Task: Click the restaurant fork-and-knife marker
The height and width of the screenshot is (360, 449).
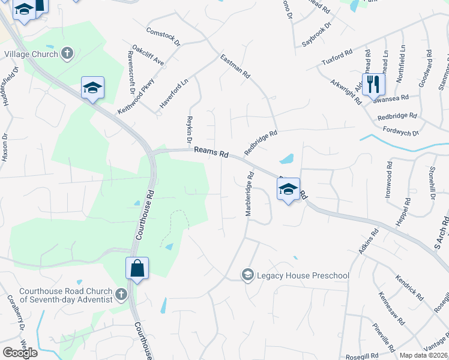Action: (373, 85)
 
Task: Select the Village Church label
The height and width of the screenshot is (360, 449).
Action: (31, 54)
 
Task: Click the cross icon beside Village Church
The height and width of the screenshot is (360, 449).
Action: (67, 54)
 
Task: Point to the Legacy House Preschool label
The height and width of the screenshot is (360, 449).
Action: (303, 275)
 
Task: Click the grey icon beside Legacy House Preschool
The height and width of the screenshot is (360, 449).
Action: (247, 275)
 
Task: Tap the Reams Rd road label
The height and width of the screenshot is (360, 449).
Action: (215, 154)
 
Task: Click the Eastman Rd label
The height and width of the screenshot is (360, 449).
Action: (235, 67)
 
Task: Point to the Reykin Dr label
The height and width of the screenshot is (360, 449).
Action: (189, 128)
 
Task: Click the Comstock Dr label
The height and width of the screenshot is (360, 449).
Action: (163, 36)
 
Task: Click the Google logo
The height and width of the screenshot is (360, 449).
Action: (20, 352)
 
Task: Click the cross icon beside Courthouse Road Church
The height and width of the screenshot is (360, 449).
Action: (122, 295)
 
